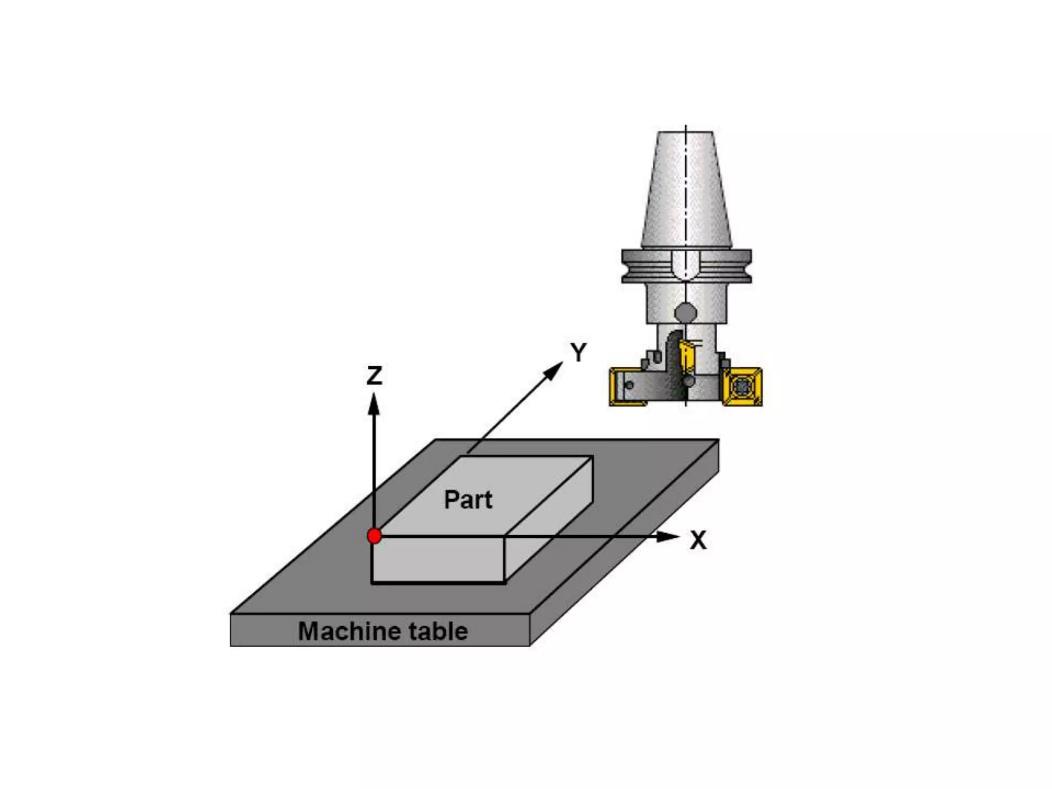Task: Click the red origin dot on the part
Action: click(374, 536)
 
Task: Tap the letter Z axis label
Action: click(374, 375)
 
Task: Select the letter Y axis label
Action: click(578, 353)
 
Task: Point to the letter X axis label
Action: click(698, 540)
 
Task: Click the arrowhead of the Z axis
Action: click(374, 404)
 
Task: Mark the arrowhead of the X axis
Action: click(668, 537)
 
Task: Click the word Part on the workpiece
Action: click(468, 500)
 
